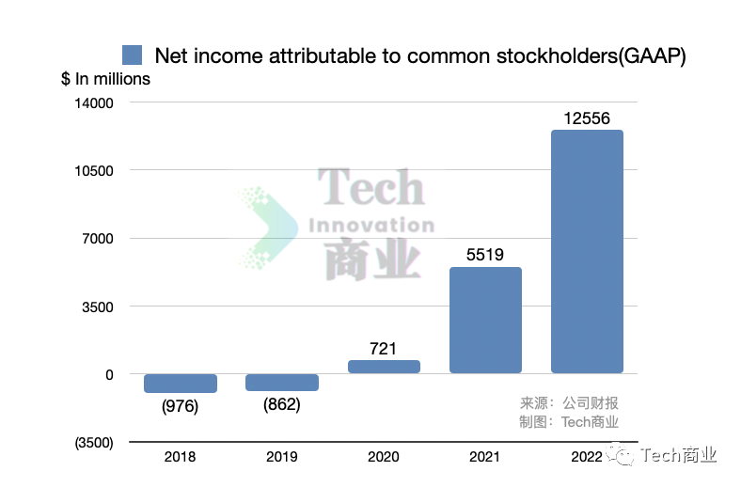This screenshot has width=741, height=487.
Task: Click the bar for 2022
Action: click(x=587, y=251)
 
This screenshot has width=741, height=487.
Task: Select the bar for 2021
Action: click(x=485, y=320)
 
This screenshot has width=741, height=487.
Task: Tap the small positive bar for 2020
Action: click(x=384, y=367)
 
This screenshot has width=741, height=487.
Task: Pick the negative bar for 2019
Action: click(x=282, y=382)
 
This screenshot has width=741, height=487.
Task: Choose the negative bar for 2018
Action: click(x=181, y=383)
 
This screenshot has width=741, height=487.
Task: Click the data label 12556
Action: click(x=587, y=118)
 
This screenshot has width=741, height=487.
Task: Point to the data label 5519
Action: click(x=485, y=254)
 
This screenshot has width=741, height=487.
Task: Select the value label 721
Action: click(x=384, y=348)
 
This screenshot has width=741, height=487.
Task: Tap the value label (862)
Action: click(x=282, y=405)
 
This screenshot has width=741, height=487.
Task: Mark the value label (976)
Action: click(x=181, y=406)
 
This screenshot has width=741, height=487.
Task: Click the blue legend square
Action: click(x=133, y=55)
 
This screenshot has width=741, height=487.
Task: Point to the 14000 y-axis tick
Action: click(x=94, y=102)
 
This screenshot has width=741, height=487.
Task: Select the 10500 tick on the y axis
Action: click(x=94, y=170)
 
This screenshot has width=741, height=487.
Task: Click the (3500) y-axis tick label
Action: click(x=92, y=442)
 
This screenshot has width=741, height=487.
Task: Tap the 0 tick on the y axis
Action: click(x=109, y=374)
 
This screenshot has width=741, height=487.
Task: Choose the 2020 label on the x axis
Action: click(x=384, y=457)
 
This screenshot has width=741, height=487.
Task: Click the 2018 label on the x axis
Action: click(x=181, y=457)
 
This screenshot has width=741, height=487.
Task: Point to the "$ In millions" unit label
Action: click(x=105, y=79)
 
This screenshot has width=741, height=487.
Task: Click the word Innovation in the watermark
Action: click(x=371, y=226)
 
